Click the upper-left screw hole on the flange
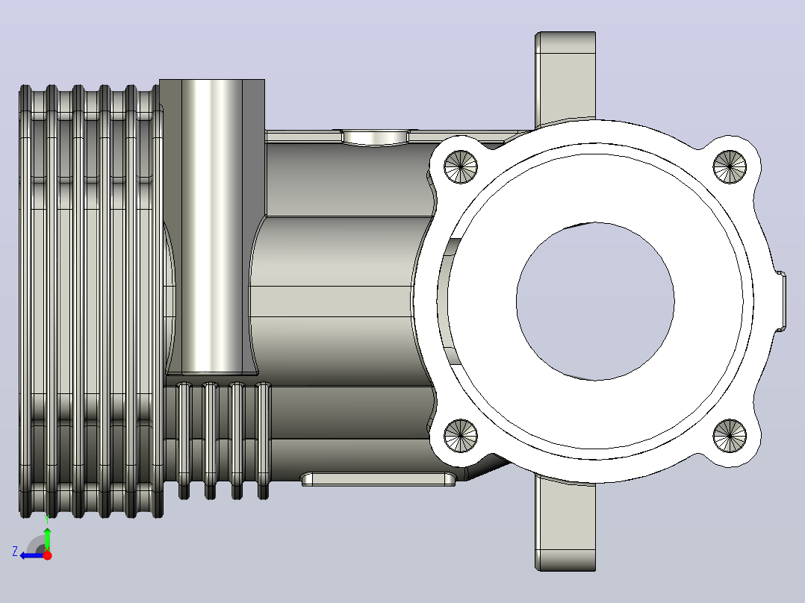(x=461, y=166)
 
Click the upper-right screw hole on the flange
(x=730, y=166)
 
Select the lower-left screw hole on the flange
(x=461, y=436)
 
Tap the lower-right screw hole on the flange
(x=730, y=436)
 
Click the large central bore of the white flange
(x=596, y=301)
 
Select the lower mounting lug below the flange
(x=565, y=523)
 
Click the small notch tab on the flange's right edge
(x=780, y=301)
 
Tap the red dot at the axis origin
(x=47, y=555)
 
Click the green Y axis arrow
(x=47, y=537)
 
